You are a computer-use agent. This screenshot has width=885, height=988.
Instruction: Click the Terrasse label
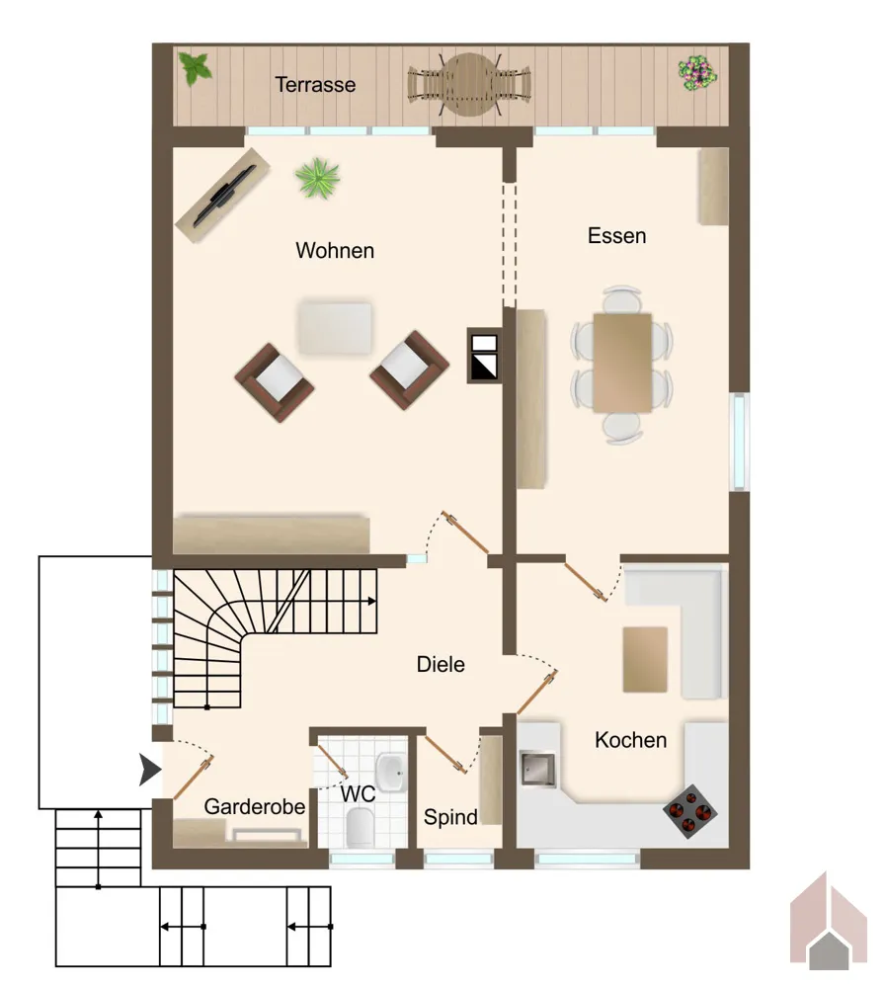point(315,84)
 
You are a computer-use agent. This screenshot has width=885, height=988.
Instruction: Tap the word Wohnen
point(335,250)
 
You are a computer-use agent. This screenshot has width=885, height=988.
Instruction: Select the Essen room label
point(616,236)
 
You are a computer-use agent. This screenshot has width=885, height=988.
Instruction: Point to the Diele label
point(441,664)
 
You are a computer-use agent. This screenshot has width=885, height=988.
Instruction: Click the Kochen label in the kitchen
point(630,740)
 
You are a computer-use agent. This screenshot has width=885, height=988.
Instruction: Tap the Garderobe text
point(255,806)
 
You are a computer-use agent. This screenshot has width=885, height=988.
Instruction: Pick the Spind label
point(450,817)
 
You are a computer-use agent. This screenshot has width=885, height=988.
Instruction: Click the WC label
point(358,794)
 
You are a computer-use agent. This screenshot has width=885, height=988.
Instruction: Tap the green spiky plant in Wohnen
point(318,178)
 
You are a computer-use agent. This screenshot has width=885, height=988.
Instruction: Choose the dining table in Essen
point(621,363)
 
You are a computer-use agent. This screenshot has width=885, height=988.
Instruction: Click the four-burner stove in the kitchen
point(689,811)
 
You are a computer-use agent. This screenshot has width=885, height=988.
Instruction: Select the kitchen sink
point(538,769)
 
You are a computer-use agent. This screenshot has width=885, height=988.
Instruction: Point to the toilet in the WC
point(361,827)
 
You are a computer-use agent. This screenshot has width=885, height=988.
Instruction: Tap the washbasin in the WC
point(391,773)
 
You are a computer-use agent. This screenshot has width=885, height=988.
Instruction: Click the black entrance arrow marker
point(150,770)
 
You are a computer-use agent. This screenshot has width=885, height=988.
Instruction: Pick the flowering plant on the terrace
point(697,74)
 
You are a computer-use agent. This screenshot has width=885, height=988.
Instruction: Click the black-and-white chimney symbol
point(484,356)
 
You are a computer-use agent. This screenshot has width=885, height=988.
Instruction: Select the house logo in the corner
point(829,921)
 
